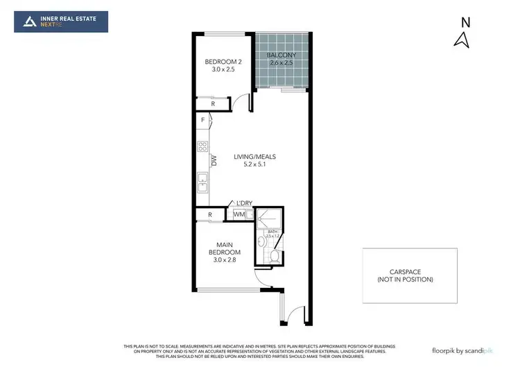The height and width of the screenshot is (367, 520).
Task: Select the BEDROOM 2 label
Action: click(220, 62)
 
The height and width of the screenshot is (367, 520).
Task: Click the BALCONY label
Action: click(281, 55)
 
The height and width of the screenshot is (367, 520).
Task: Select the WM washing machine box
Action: click(238, 214)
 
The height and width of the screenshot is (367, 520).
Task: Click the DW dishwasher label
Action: click(215, 161)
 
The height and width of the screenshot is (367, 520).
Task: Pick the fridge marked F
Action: click(203, 121)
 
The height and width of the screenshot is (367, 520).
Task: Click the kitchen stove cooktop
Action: click(203, 146)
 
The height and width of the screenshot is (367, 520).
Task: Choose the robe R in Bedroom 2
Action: click(213, 104)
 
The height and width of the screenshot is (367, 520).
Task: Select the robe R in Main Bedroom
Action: click(210, 215)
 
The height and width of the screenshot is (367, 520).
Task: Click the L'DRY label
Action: click(243, 203)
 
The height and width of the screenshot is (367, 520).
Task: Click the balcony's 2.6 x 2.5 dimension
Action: click(281, 63)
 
